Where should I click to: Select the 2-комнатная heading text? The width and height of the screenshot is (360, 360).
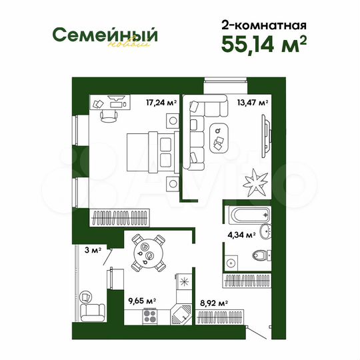[x=264, y=25]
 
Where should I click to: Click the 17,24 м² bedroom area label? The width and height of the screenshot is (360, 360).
[x=161, y=103]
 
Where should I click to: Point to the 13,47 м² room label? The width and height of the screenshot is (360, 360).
[x=253, y=103]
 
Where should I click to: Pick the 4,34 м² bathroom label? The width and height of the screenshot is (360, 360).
[x=242, y=235]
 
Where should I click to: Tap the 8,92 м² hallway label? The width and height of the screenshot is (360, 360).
[x=214, y=303]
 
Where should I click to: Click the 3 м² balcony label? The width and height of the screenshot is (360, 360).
[x=91, y=251]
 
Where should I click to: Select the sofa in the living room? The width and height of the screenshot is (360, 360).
[x=198, y=130]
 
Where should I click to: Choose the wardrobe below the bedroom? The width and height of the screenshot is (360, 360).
[x=123, y=217]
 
